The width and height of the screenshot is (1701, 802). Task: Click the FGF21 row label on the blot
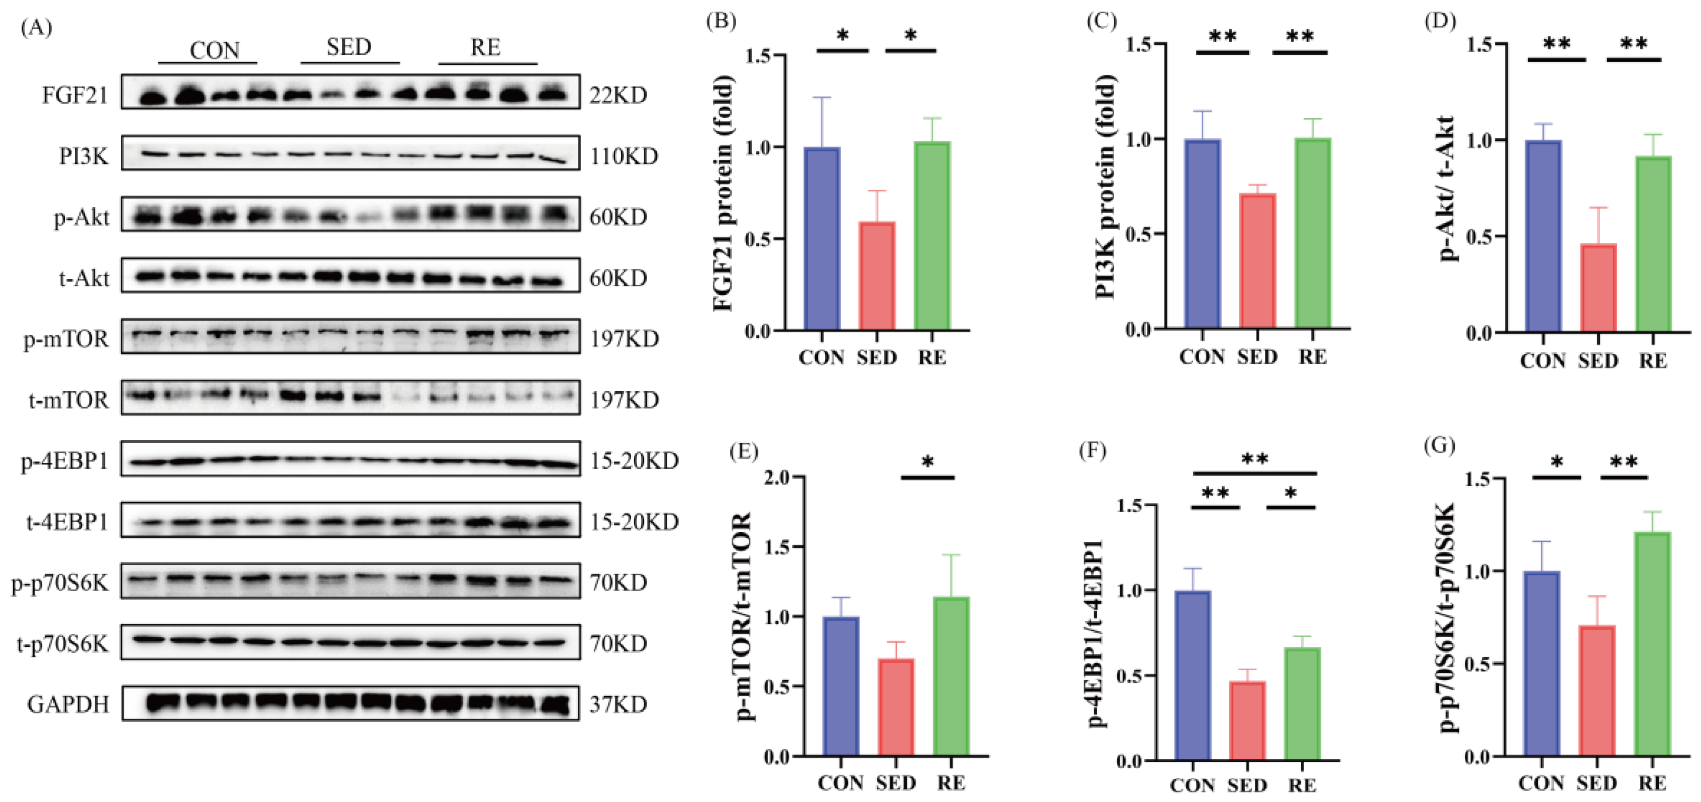75,96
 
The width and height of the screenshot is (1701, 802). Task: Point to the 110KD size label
624,157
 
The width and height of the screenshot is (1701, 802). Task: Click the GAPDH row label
68,705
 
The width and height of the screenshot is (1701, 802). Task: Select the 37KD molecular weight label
618,705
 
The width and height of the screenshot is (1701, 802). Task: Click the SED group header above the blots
349,47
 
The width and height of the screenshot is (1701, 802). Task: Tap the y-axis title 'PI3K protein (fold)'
1105,187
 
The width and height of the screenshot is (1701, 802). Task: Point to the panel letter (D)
1440,21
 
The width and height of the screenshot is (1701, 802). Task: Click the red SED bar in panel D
1599,288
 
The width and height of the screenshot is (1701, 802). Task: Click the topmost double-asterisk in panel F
1254,459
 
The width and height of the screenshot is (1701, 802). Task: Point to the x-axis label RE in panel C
1312,357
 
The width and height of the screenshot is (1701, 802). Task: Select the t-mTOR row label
69,400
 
